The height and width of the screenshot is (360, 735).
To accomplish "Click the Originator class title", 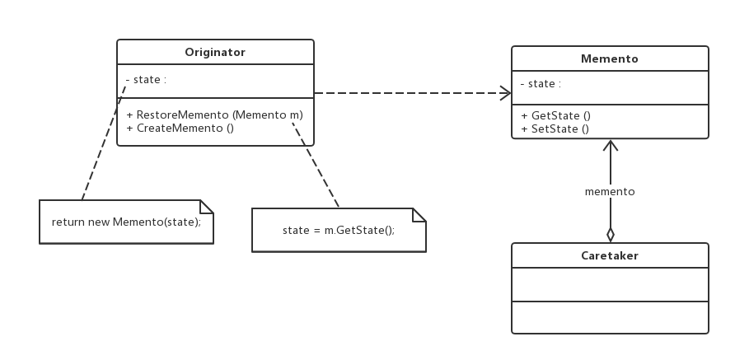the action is (x=215, y=52).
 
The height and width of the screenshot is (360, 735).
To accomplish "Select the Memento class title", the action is (x=610, y=58).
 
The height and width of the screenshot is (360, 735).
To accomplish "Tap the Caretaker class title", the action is (x=610, y=255).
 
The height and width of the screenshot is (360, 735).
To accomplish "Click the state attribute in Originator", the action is (x=146, y=80).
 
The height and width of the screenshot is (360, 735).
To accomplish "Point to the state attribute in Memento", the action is (x=541, y=84).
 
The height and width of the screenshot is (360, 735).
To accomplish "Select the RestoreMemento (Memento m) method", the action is (x=215, y=115).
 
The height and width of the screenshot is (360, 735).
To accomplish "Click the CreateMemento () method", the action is (x=180, y=128).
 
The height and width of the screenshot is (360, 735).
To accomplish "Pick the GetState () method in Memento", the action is (x=555, y=116).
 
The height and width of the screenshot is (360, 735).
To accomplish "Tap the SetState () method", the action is (x=555, y=129).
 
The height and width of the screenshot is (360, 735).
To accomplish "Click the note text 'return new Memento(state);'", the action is (x=127, y=222).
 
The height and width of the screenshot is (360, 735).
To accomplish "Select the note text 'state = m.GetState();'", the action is (x=339, y=230).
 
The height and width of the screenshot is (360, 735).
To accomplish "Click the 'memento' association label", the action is (x=610, y=192).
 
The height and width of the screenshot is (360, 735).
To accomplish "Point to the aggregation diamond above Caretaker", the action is (x=611, y=235).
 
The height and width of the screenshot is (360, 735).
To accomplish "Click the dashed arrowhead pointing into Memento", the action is (x=505, y=93).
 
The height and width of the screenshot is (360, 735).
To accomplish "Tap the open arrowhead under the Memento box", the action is (x=611, y=145).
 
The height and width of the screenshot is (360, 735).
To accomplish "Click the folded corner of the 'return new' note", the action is (x=207, y=207).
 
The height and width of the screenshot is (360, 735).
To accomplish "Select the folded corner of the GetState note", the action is (x=419, y=215).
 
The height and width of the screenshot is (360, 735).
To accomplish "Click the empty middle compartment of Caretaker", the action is (x=610, y=284).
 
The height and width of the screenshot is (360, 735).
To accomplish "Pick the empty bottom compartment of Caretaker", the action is (x=610, y=317).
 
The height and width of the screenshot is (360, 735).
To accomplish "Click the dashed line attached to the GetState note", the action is (x=315, y=164).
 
